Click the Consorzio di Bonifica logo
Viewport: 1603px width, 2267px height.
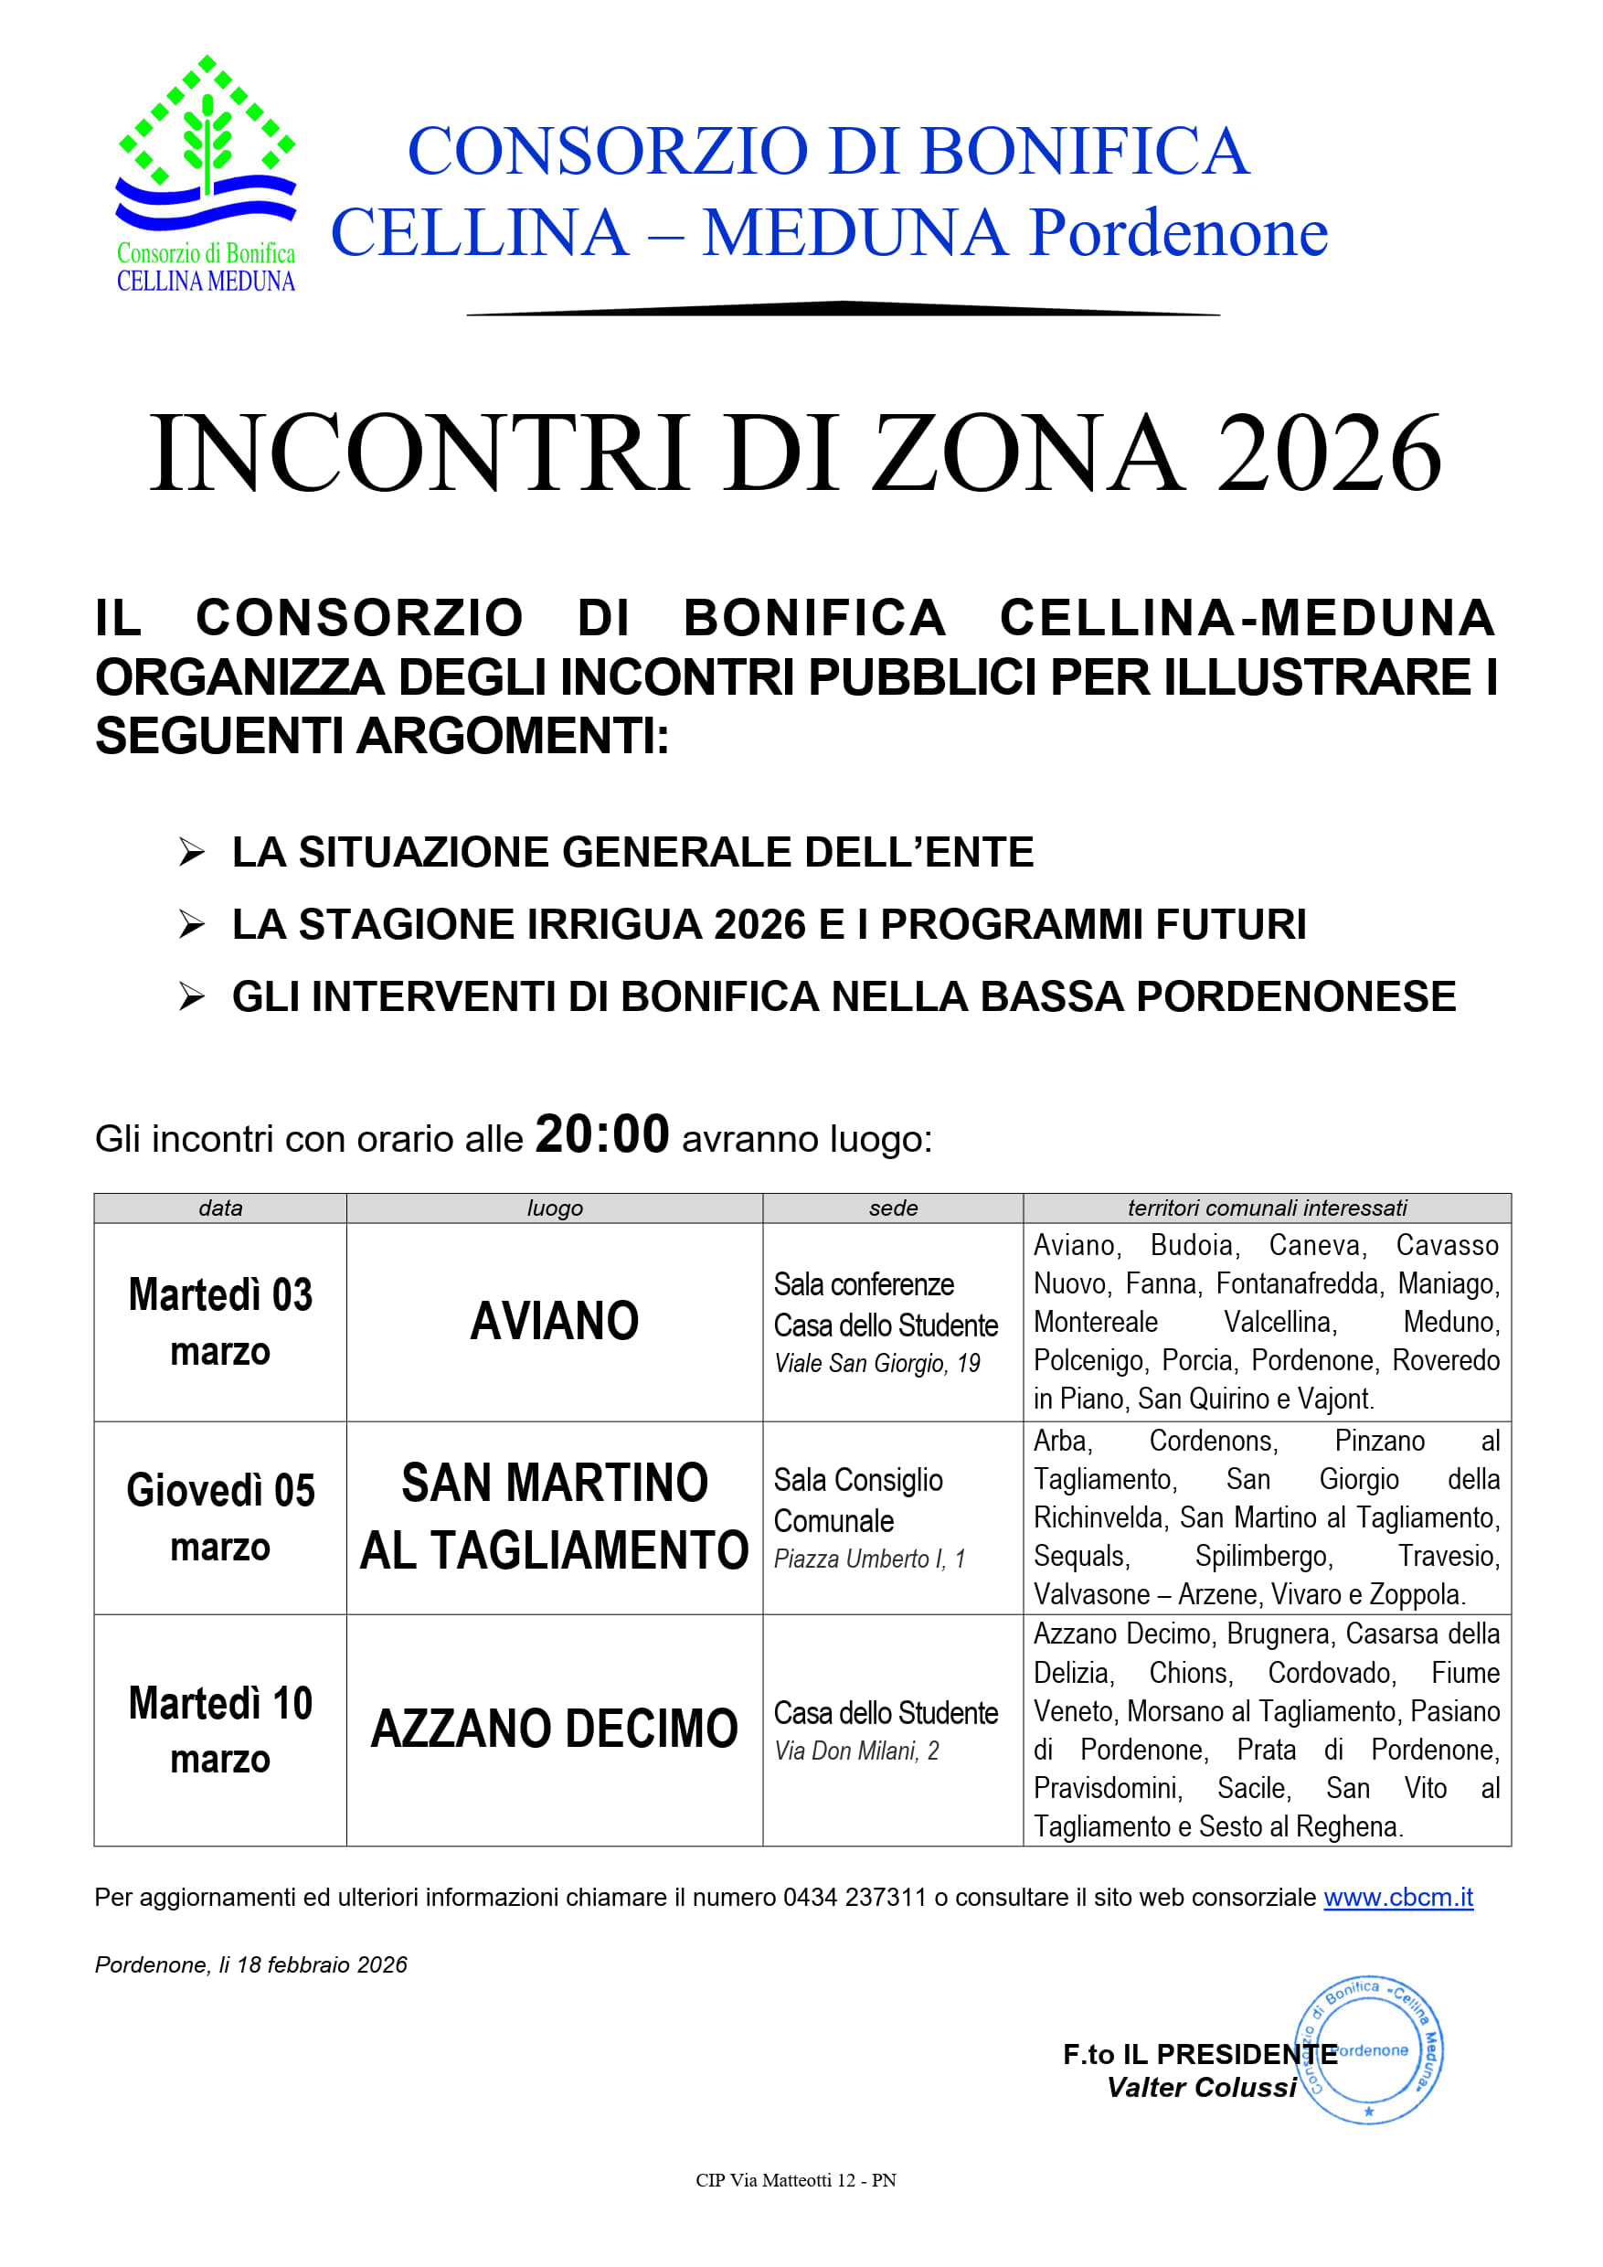[x=206, y=174]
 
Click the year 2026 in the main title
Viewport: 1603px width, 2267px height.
[x=1329, y=453]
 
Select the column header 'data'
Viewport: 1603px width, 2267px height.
[x=220, y=1208]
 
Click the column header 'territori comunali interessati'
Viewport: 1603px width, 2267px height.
[x=1267, y=1208]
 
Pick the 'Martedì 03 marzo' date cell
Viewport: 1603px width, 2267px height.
[x=220, y=1322]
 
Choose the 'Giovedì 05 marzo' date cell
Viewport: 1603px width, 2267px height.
[x=220, y=1517]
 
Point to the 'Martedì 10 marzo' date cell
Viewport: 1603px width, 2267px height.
[x=220, y=1730]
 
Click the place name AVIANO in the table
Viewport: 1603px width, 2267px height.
[x=554, y=1322]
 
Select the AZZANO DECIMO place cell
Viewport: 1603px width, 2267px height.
[x=554, y=1729]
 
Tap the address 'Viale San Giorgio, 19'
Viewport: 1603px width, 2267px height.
[x=876, y=1364]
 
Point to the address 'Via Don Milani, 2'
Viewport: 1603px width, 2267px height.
[x=856, y=1751]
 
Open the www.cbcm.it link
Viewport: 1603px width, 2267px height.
[x=1397, y=1898]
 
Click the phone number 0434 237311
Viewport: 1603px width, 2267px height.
[x=855, y=1898]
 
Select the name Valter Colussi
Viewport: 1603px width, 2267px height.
[x=1201, y=2087]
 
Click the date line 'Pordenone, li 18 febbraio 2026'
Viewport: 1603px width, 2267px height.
[x=250, y=1964]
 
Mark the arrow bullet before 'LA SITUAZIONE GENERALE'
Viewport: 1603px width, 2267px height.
[x=192, y=851]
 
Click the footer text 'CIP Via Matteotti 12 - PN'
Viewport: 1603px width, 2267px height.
[x=796, y=2180]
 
